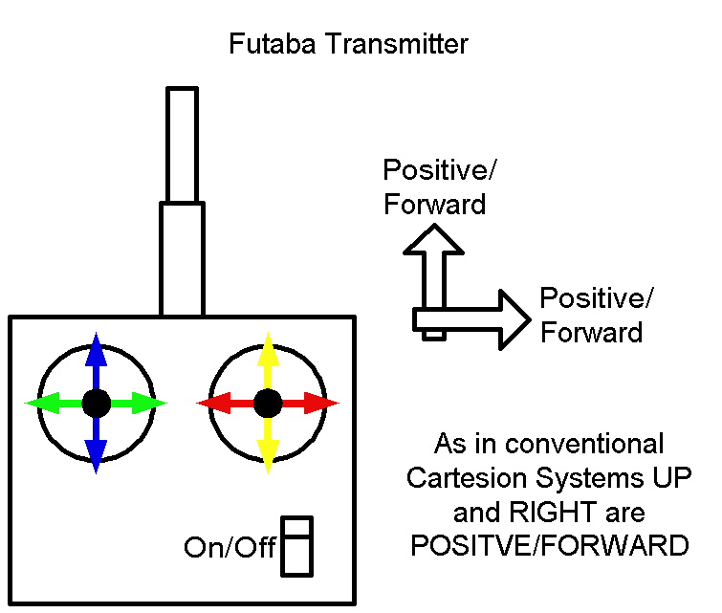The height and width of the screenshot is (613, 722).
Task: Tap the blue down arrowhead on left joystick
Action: point(95,458)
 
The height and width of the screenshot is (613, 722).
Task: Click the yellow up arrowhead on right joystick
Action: point(268,346)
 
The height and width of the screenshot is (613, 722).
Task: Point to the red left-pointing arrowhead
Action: point(211,404)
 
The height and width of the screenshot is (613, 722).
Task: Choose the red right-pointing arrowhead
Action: point(324,404)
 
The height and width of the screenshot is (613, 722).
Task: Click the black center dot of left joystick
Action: point(96,404)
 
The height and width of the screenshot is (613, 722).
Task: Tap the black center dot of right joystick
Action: point(268,404)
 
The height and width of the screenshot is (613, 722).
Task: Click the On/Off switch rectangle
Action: point(297,546)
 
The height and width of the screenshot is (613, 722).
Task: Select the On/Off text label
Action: point(230,548)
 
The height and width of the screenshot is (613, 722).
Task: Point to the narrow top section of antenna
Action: point(182,143)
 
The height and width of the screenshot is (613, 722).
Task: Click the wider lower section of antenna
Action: point(182,258)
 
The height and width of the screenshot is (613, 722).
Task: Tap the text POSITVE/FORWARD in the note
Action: point(549,545)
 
